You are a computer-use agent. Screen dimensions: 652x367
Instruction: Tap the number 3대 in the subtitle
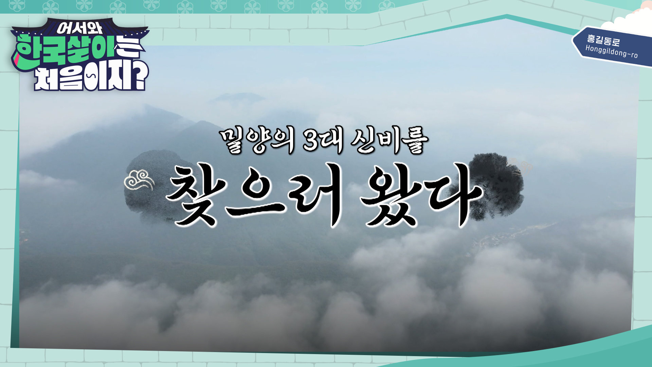point(322,141)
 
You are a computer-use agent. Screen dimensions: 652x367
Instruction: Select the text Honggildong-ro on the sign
point(611,51)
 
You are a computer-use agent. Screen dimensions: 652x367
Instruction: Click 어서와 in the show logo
point(79,28)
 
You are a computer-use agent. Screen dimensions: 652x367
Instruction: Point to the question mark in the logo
point(140,76)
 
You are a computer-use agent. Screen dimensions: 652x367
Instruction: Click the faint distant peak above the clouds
point(238,98)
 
